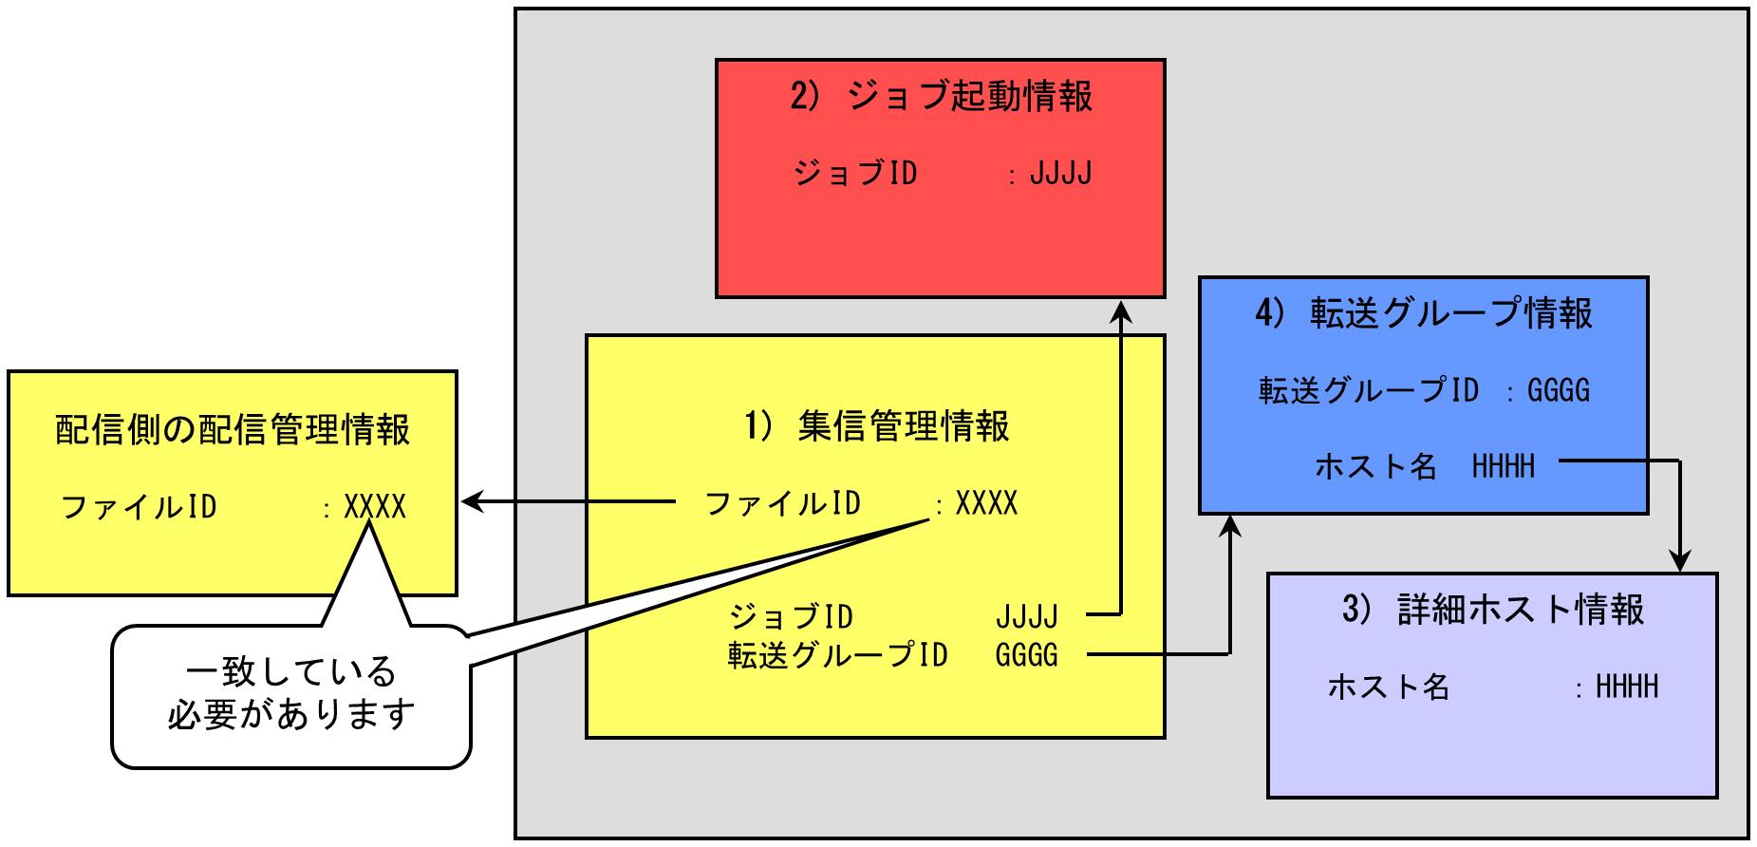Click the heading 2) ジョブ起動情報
(941, 98)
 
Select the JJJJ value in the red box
(1060, 174)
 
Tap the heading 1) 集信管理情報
(876, 426)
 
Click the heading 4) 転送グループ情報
(1423, 313)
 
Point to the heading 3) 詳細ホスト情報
(1493, 609)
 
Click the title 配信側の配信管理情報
(233, 429)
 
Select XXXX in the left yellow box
(375, 507)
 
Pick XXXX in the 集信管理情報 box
(986, 503)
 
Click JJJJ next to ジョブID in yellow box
(1026, 617)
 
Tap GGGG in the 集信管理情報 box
(1026, 655)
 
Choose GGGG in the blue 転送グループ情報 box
(1558, 390)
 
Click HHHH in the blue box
(1503, 466)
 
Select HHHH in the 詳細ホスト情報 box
(1627, 687)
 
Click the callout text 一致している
(290, 672)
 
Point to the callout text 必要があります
(290, 714)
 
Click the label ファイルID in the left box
(139, 507)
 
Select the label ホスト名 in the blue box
(1374, 466)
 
